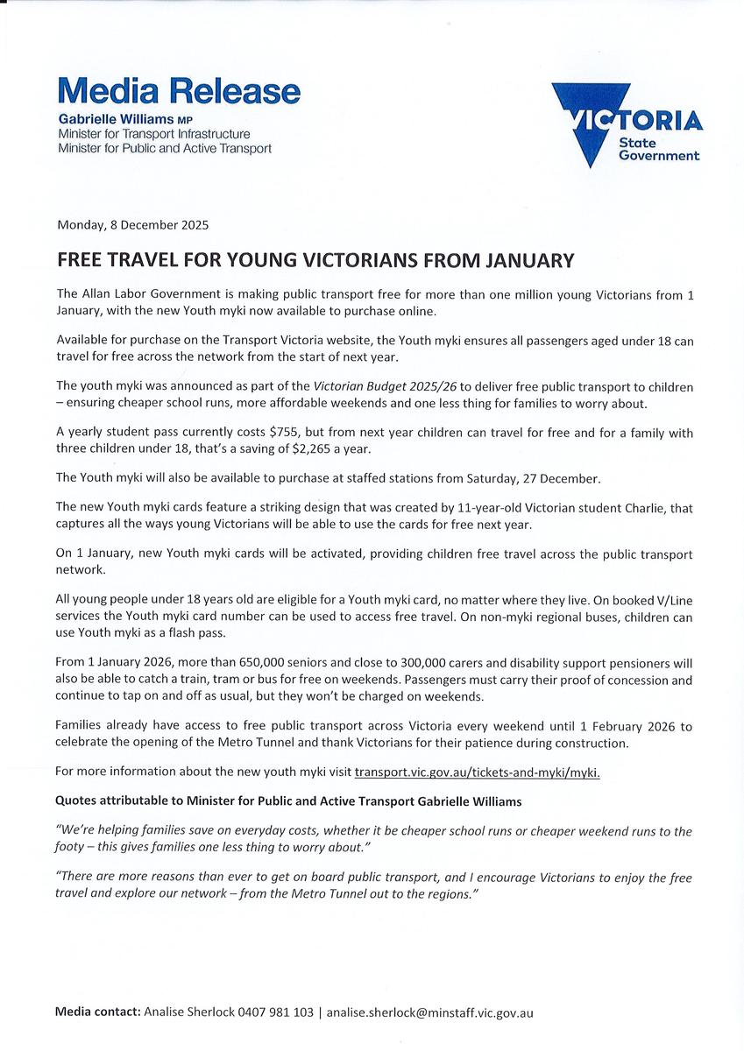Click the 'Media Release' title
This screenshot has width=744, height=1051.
179,91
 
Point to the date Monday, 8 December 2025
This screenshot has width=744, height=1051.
132,224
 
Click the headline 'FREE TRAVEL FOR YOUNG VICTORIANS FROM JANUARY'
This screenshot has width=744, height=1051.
315,260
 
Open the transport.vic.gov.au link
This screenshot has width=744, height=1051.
477,772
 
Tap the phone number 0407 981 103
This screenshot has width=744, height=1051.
275,1012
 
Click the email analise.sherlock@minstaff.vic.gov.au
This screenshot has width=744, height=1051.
429,1012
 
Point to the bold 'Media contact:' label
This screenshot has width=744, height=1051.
96,1012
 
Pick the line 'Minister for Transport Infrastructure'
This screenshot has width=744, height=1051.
153,134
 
